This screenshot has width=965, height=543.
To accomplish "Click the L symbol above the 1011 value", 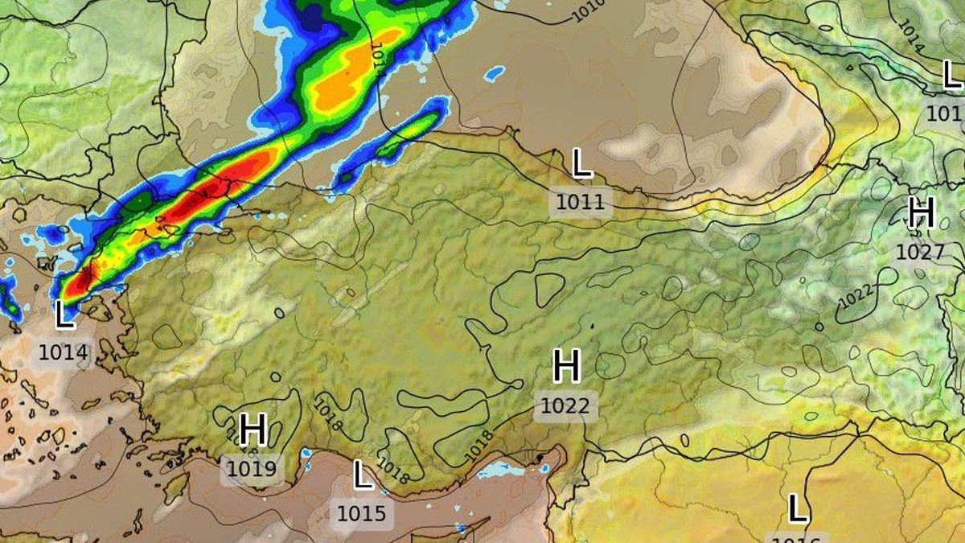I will [x=581, y=164].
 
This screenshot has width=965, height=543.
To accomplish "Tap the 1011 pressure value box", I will [x=580, y=201].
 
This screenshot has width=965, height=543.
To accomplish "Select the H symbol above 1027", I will [x=921, y=213].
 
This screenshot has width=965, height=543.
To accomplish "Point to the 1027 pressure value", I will [x=920, y=252].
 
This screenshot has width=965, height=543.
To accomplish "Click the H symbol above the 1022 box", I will [x=566, y=367].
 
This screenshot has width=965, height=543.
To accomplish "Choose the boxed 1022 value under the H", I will [x=565, y=406].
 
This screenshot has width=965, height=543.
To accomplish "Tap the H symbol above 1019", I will [x=253, y=430].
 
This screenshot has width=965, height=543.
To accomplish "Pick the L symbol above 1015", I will [x=363, y=475].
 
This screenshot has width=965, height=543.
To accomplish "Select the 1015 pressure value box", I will [x=362, y=513].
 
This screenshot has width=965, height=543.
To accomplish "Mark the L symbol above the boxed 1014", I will [x=64, y=315].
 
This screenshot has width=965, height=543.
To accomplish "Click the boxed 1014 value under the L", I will [x=63, y=352].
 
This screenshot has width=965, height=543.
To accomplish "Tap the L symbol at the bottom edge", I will [x=796, y=509].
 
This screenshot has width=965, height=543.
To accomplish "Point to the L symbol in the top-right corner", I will [x=951, y=76].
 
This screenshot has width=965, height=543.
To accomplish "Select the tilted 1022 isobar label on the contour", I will [x=856, y=296].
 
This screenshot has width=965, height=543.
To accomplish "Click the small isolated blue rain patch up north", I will [x=494, y=75].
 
